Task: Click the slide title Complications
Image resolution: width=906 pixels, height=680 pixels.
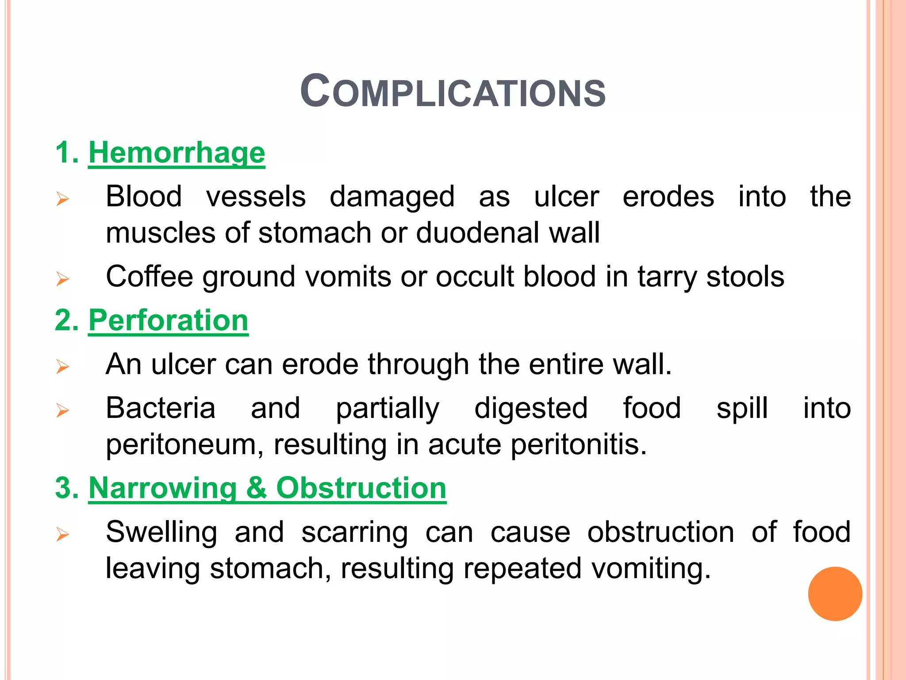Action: tap(453, 92)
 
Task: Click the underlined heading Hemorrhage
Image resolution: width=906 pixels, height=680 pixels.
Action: tap(177, 153)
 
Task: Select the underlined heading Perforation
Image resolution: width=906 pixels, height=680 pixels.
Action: tap(168, 320)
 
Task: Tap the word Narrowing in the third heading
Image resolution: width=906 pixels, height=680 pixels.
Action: tap(163, 488)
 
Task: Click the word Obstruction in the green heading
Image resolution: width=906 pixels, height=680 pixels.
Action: tap(361, 488)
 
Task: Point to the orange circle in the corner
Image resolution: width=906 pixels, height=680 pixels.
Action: tap(835, 594)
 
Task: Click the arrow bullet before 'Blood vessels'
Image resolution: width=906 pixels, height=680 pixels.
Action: tap(63, 199)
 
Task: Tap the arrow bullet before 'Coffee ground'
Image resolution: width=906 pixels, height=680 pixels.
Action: tap(63, 279)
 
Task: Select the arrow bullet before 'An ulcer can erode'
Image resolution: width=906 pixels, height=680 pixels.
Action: tap(63, 367)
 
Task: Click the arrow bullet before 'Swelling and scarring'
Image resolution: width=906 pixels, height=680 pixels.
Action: tap(63, 535)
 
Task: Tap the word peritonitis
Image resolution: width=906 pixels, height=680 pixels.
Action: tap(579, 444)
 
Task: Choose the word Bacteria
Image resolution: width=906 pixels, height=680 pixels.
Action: tap(161, 408)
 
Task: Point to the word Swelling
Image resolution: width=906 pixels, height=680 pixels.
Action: tap(161, 532)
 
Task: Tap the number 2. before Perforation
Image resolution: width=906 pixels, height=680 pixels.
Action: tap(67, 320)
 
